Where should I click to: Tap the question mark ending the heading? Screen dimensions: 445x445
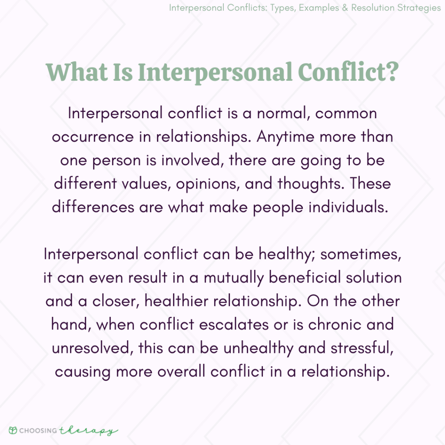click(389, 72)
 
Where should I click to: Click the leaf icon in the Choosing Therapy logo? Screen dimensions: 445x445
click(13, 430)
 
